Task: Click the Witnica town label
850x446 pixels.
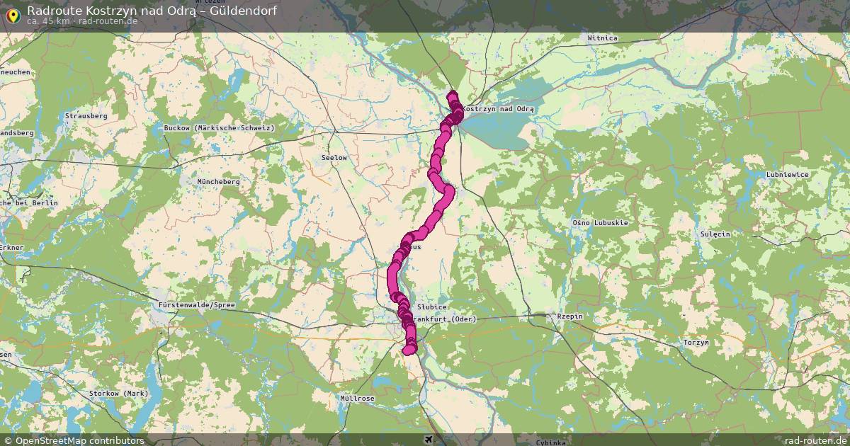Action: point(603,38)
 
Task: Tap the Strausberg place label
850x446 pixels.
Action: point(86,115)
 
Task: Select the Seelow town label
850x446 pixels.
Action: point(334,157)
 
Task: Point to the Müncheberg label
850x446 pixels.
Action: point(219,182)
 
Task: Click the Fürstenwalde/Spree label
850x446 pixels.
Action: point(194,305)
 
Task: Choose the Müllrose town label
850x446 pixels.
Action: point(357,399)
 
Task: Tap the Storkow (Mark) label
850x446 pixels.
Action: point(118,393)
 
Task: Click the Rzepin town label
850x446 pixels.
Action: point(569,316)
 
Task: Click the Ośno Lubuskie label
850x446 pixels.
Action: point(600,223)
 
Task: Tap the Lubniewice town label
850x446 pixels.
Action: point(787,174)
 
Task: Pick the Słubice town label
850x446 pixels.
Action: point(431,307)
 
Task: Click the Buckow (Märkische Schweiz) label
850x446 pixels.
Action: point(219,128)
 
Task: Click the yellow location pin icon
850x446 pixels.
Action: point(13,14)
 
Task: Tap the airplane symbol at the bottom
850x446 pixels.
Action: point(428,440)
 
